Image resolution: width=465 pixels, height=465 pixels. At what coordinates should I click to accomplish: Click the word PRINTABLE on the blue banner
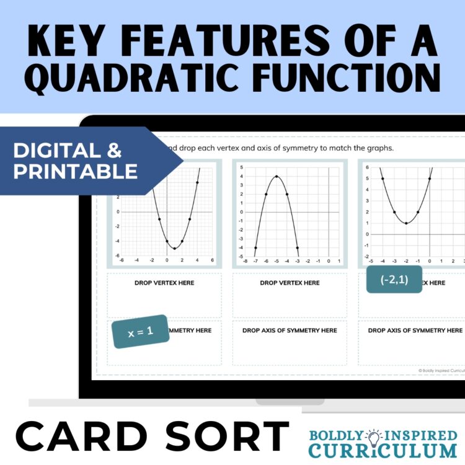pyautogui.click(x=76, y=172)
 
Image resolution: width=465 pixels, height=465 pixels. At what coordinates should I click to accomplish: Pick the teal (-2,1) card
pyautogui.click(x=394, y=280)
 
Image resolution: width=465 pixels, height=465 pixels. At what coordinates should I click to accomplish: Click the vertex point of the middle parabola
pyautogui.click(x=276, y=177)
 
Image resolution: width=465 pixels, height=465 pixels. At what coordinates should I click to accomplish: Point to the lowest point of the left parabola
pyautogui.click(x=174, y=249)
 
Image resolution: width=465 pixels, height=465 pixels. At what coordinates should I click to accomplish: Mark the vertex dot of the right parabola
pyautogui.click(x=405, y=223)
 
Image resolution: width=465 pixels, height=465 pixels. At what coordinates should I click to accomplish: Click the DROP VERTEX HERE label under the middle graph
pyautogui.click(x=290, y=283)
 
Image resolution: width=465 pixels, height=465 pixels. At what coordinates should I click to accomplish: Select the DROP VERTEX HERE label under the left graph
pyautogui.click(x=164, y=283)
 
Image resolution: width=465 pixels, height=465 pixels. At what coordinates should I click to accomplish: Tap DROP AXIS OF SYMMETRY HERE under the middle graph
pyautogui.click(x=290, y=330)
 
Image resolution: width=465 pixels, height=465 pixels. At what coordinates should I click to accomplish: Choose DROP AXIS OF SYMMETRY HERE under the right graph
pyautogui.click(x=415, y=330)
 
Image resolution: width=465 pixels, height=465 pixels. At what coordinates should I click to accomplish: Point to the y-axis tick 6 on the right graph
pyautogui.click(x=367, y=167)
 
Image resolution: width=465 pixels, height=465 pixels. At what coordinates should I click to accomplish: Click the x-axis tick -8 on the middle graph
pyautogui.click(x=246, y=262)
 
